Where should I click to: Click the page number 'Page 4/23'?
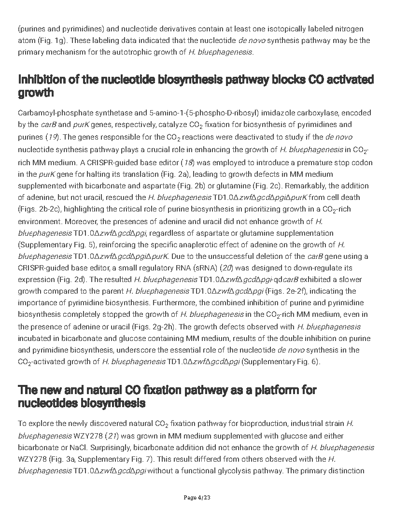[197, 497]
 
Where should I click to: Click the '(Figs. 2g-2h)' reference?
[153, 326]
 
